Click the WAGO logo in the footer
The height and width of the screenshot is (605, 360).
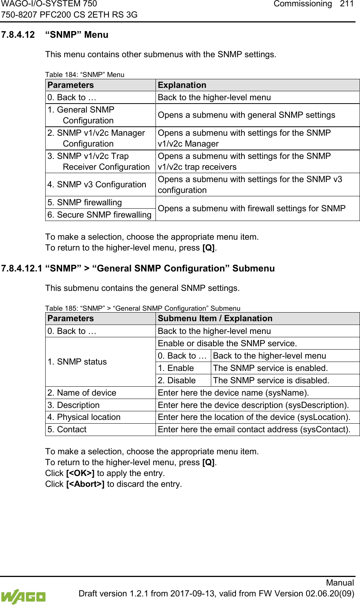pyautogui.click(x=23, y=596)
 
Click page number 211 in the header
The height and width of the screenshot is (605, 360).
pyautogui.click(x=347, y=4)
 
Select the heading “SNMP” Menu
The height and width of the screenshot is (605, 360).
pyautogui.click(x=77, y=35)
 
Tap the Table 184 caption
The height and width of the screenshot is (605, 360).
pyautogui.click(x=85, y=74)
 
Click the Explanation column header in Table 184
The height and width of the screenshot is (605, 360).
pyautogui.click(x=182, y=85)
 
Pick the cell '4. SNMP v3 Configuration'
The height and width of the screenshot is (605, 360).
pyautogui.click(x=97, y=185)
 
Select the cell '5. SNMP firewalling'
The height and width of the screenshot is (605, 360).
pyautogui.click(x=85, y=203)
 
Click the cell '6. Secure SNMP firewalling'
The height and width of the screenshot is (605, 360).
pyautogui.click(x=99, y=215)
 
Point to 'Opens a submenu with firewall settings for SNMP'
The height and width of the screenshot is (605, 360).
pyautogui.click(x=252, y=209)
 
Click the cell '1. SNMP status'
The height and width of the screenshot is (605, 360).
pyautogui.click(x=77, y=362)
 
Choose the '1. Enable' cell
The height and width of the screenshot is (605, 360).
pyautogui.click(x=176, y=368)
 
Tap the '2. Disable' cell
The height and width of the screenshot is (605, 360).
pyautogui.click(x=177, y=381)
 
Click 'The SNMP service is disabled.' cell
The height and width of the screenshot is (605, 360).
pyautogui.click(x=271, y=381)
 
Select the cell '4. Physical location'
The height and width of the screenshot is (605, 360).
pyautogui.click(x=84, y=417)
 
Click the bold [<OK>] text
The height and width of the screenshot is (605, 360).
pyautogui.click(x=80, y=473)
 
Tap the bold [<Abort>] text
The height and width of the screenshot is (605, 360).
pyautogui.click(x=85, y=484)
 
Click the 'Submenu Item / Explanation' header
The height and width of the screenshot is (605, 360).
pyautogui.click(x=215, y=319)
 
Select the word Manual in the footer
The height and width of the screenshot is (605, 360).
pyautogui.click(x=340, y=583)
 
